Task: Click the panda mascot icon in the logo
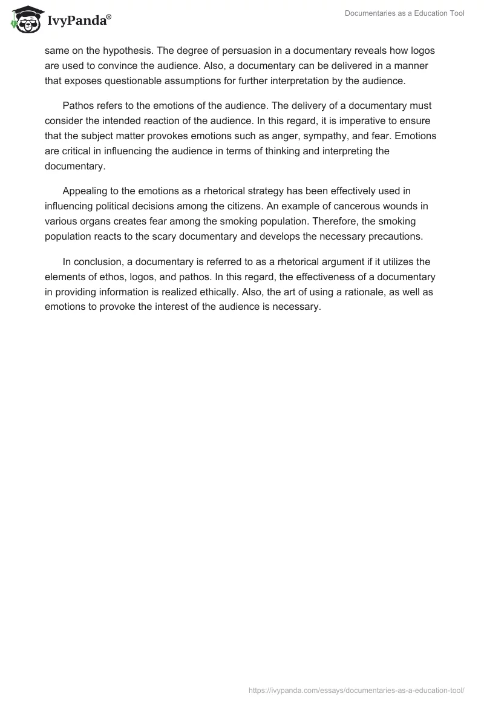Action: point(24,20)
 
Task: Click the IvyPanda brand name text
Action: point(78,21)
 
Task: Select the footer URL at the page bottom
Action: point(356,690)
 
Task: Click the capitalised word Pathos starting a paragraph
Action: point(78,105)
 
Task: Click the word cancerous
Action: point(350,206)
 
